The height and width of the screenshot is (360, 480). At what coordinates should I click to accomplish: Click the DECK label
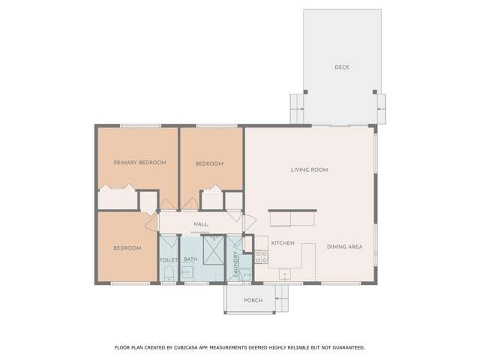(x=341, y=67)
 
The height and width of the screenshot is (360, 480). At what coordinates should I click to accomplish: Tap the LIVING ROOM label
(x=310, y=170)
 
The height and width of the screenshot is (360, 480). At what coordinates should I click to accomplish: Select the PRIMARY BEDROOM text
(x=139, y=163)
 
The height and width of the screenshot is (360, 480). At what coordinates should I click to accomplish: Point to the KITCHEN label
(x=283, y=244)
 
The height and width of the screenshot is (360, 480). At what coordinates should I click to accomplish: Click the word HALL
(x=200, y=224)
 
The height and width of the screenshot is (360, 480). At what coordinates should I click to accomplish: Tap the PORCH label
(x=253, y=301)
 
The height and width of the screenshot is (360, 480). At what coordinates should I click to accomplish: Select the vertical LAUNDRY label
(x=235, y=264)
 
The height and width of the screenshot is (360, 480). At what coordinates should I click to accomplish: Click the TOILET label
(x=168, y=260)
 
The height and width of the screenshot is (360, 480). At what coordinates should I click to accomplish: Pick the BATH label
(x=190, y=260)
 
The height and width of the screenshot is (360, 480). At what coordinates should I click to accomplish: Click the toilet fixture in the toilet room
(x=169, y=273)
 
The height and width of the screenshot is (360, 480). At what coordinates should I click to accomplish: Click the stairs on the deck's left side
(x=298, y=109)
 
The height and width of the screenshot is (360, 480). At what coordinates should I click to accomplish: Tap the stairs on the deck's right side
(x=380, y=109)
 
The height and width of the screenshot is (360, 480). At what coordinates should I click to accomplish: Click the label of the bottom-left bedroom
(x=127, y=248)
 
